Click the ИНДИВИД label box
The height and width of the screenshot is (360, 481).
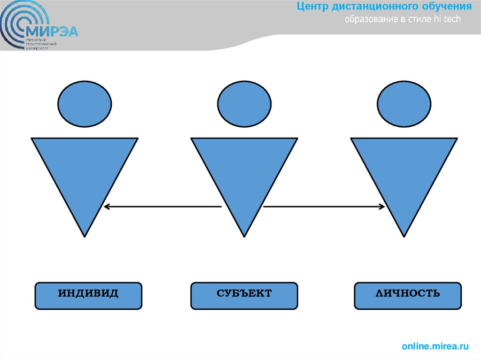pyautogui.click(x=88, y=296)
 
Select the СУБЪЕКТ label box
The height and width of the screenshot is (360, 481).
pyautogui.click(x=244, y=296)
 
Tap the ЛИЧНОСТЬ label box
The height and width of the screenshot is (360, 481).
pyautogui.click(x=408, y=296)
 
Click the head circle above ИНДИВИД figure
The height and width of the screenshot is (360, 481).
pyautogui.click(x=85, y=104)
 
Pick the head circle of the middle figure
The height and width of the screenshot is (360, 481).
pyautogui.click(x=244, y=104)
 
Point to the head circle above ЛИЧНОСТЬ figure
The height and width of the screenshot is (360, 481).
pyautogui.click(x=404, y=104)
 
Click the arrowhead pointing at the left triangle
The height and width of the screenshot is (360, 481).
pyautogui.click(x=107, y=206)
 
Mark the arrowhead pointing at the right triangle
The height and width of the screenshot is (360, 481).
pyautogui.click(x=381, y=206)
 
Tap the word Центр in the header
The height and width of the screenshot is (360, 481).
pyautogui.click(x=314, y=7)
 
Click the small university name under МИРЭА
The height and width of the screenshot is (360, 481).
pyautogui.click(x=41, y=45)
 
